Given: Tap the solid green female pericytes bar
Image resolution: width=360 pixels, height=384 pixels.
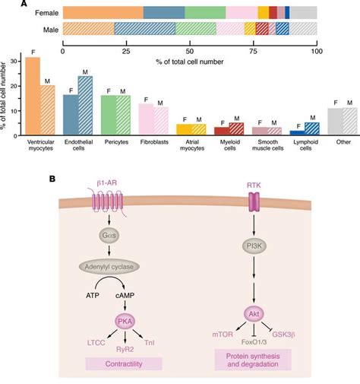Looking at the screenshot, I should point(108,114).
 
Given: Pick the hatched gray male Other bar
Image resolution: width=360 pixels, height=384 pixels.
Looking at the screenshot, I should point(349,121).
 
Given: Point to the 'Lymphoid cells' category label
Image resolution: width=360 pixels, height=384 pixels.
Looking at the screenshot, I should point(305,146).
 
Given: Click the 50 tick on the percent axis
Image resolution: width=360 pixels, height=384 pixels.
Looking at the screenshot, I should point(190,52).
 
